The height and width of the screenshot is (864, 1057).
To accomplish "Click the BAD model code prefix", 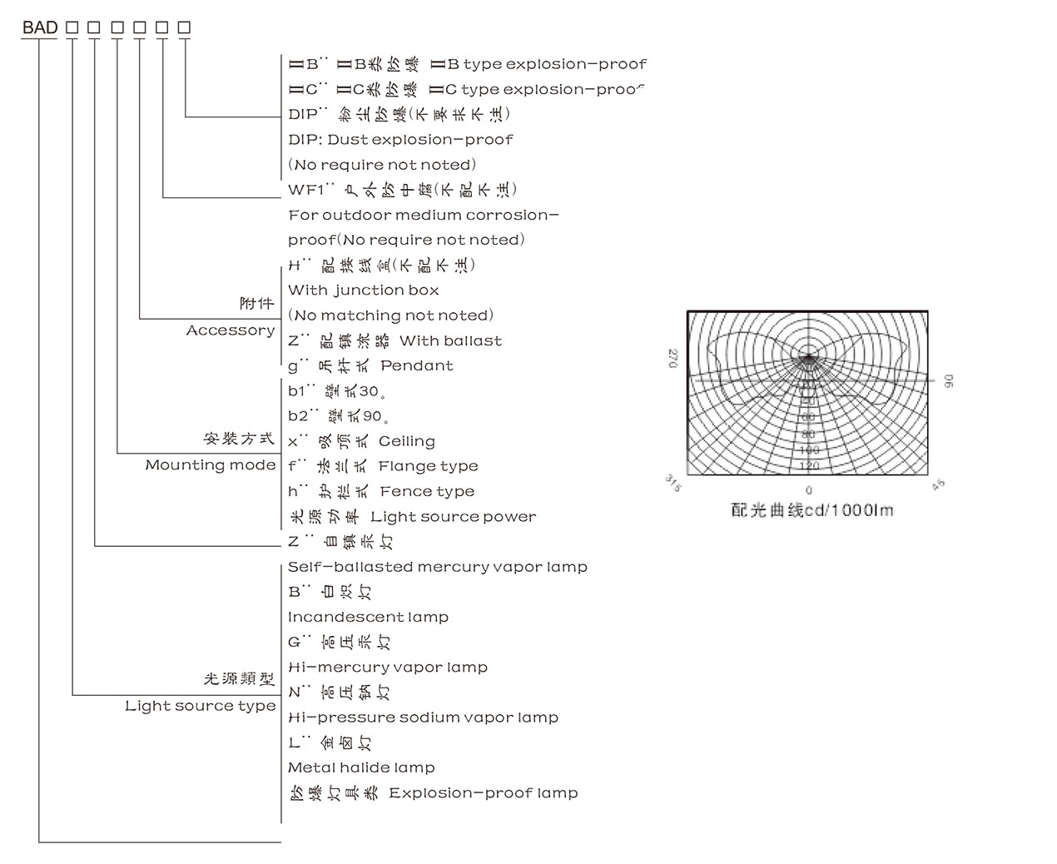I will [40, 27].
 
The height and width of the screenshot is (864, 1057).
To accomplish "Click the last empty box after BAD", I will [184, 27].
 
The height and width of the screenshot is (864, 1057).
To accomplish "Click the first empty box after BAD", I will [72, 27].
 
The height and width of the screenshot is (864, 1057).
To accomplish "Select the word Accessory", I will [231, 330].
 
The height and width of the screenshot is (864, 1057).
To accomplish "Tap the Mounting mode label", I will [211, 464].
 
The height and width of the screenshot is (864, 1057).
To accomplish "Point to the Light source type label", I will [201, 706].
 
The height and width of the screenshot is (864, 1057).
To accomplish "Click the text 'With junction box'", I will [364, 290].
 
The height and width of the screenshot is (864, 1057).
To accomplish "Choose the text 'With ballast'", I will [450, 340].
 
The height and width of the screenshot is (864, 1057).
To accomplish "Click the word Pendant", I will [417, 365].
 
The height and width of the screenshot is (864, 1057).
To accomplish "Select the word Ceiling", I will [407, 441].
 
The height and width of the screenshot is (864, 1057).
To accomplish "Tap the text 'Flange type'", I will [428, 466].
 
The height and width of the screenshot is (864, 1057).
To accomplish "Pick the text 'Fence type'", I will [427, 491].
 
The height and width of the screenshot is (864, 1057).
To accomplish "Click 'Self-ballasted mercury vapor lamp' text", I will [438, 567].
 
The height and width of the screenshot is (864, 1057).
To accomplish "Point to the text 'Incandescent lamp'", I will [368, 617].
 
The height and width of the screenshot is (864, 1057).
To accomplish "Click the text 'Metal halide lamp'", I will [361, 767].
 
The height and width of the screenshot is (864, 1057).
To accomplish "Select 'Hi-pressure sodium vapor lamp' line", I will [423, 718].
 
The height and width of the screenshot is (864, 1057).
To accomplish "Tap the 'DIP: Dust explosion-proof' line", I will [400, 139].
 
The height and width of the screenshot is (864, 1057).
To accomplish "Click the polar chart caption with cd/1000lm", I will [812, 510].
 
